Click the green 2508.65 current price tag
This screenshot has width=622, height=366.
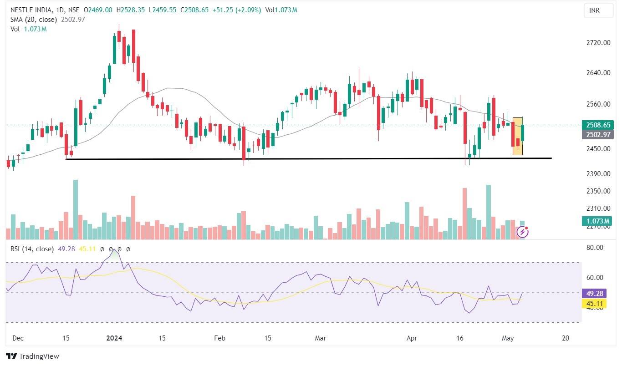[x=597, y=125]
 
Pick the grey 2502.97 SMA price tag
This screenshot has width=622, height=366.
[x=597, y=135]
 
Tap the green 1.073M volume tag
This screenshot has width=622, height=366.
[x=597, y=221]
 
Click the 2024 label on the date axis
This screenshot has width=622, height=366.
[x=114, y=338]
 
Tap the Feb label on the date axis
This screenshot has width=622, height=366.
[x=219, y=338]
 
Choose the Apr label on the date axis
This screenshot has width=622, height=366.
[x=412, y=338]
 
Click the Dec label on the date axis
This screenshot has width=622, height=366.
[x=18, y=338]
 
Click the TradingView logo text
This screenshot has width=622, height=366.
[x=32, y=356]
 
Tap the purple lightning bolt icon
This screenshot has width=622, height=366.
[x=523, y=233]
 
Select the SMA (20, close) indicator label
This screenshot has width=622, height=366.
[x=35, y=20]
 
